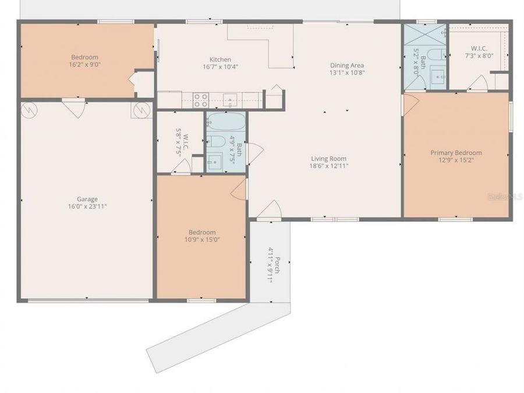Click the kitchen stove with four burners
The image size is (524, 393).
tap(201, 101)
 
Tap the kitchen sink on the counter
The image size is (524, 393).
tap(231, 100)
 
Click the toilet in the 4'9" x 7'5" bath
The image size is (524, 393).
tap(214, 141)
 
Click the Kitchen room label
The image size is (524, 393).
tap(220, 59)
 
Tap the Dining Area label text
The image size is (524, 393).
tap(347, 65)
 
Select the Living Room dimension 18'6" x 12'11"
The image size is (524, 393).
tap(328, 167)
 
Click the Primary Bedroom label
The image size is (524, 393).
tap(456, 153)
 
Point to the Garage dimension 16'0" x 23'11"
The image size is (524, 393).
tap(87, 206)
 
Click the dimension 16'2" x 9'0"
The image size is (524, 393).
tap(84, 65)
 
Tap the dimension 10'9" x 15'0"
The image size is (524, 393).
tap(202, 239)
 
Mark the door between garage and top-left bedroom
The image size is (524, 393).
tap(74, 108)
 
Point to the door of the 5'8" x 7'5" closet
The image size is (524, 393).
tap(182, 167)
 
